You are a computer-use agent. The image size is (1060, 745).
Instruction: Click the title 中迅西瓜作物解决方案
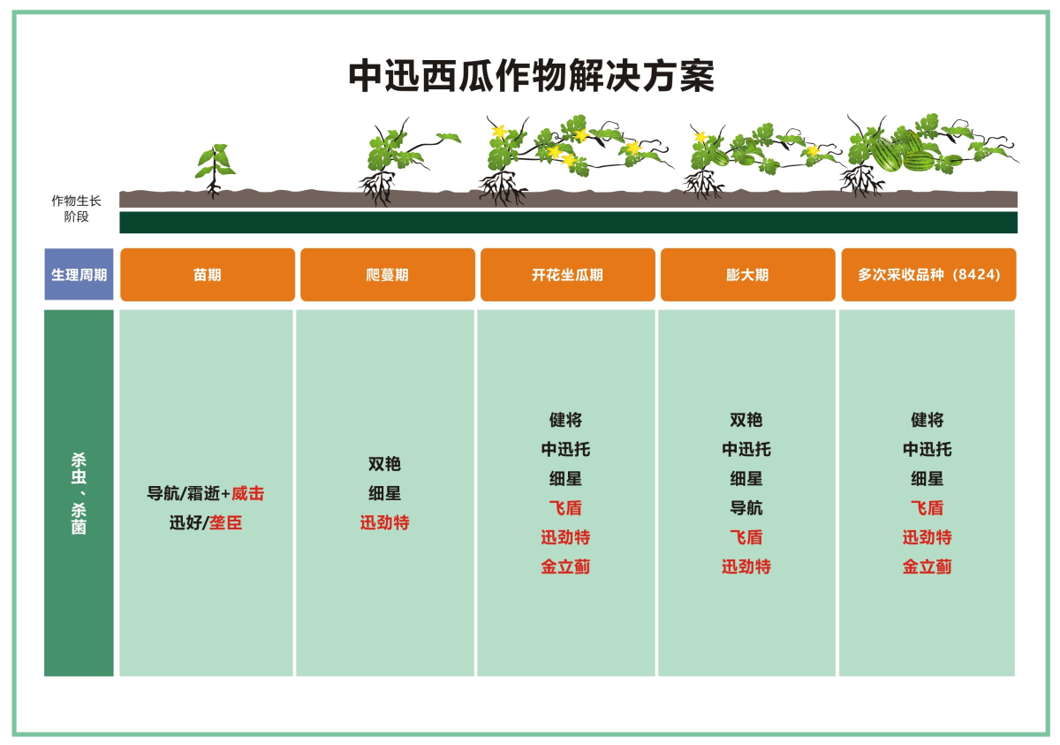[x=531, y=77]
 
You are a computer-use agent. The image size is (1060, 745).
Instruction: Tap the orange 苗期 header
[x=208, y=275]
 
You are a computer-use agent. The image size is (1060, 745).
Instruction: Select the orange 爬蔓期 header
[x=388, y=275]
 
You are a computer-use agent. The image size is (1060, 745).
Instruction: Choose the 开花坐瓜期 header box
[x=567, y=275]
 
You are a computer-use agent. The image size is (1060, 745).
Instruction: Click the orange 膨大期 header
[x=747, y=275]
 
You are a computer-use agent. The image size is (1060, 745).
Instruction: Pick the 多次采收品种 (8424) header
[x=928, y=275]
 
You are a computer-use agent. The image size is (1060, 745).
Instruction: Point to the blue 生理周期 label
[x=79, y=275]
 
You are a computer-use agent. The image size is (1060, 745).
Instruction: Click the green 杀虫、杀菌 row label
[x=79, y=493]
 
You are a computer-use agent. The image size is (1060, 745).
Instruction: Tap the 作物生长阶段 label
[x=76, y=209]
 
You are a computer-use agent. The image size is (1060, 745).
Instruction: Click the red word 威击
[x=247, y=493]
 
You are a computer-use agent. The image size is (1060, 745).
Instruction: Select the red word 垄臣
[x=225, y=522]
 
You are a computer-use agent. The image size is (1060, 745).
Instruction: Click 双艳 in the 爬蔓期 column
[x=384, y=464]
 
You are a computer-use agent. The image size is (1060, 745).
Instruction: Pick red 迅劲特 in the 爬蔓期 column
[x=384, y=522]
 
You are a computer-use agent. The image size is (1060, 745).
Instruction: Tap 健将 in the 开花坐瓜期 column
[x=565, y=420]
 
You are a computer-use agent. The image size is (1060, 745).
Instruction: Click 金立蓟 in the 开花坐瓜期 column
[x=565, y=566]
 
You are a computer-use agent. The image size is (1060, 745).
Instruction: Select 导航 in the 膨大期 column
[x=746, y=508]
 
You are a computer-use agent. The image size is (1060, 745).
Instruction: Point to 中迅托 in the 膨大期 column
[x=746, y=449]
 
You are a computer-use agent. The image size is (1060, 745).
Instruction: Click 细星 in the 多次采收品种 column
[x=927, y=479]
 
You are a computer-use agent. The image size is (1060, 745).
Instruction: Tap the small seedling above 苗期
[x=215, y=168]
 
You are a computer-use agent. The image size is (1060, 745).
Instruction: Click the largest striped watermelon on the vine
[x=884, y=154]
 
